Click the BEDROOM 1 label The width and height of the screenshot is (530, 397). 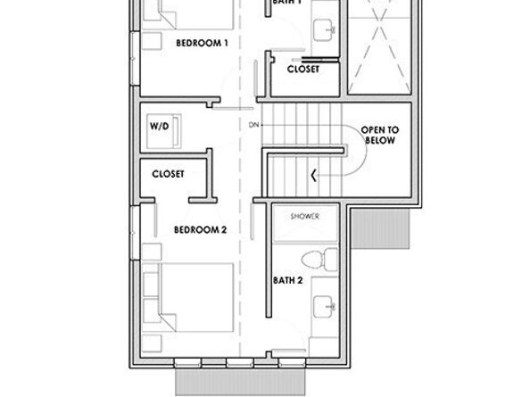(203, 42)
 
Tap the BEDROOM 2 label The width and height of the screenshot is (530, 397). (201, 229)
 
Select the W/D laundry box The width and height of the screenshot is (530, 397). (160, 128)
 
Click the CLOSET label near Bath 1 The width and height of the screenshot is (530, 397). (304, 69)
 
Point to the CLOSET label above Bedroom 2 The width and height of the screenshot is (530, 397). (169, 174)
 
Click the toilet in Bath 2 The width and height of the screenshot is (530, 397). (313, 261)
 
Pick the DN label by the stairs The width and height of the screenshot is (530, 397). (253, 124)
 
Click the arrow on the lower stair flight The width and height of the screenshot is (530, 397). (312, 174)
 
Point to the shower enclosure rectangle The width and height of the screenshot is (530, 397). (303, 225)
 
